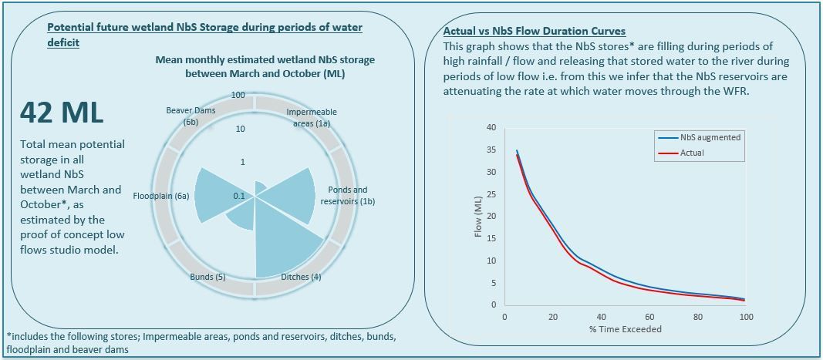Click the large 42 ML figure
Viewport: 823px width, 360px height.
click(x=62, y=113)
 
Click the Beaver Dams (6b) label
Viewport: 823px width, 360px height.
click(x=190, y=116)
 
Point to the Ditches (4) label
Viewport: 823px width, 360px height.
click(x=301, y=277)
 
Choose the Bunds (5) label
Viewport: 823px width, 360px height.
click(x=207, y=277)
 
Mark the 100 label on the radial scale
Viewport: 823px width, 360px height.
click(x=238, y=96)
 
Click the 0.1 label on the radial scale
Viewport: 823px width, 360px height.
click(x=238, y=197)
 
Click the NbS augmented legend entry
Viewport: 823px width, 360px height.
click(x=710, y=137)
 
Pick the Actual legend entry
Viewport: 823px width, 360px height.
click(x=692, y=153)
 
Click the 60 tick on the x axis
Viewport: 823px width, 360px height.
click(x=649, y=317)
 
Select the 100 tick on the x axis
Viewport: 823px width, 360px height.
click(x=745, y=317)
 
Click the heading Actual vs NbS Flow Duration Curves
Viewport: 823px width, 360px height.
click(x=535, y=32)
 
